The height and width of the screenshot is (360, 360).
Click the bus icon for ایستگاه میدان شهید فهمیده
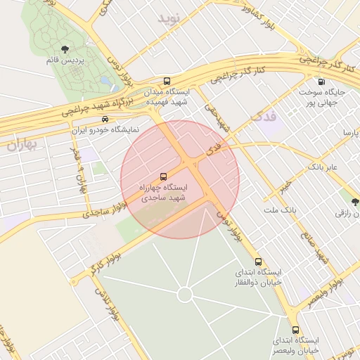click(167, 81)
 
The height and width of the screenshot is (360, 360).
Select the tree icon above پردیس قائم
click(65, 49)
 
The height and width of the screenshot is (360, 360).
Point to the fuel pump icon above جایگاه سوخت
click(321, 81)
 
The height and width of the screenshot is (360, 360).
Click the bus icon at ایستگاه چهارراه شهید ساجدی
click(164, 176)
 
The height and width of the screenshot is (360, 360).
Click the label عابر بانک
click(323, 167)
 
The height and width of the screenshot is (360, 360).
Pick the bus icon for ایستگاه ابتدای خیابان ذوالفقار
click(259, 260)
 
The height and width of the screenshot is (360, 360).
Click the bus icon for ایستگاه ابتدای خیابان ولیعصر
click(295, 329)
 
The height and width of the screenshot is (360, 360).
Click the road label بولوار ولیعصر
click(326, 290)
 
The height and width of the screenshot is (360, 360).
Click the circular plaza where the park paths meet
click(186, 294)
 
